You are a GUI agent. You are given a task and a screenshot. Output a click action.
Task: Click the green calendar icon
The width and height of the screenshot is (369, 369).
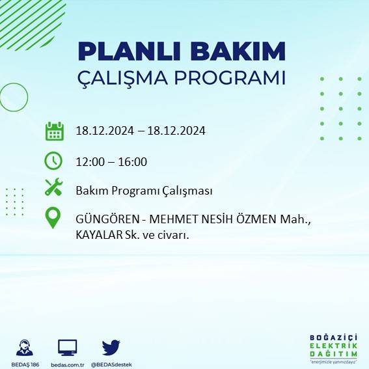(x=54, y=131)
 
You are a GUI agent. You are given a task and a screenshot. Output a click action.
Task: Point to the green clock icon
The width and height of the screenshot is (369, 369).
(x=53, y=160)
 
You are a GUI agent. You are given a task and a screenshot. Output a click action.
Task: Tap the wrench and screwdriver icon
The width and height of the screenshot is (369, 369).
(x=53, y=189)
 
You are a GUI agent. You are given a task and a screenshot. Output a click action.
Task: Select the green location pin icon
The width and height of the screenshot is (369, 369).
(x=53, y=219)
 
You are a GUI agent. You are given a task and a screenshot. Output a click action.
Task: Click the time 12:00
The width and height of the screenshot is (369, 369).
(x=89, y=162)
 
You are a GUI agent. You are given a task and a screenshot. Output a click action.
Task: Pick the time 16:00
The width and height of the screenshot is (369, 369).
(x=133, y=162)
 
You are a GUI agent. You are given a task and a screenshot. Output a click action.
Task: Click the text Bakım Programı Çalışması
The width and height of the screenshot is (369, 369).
(x=144, y=191)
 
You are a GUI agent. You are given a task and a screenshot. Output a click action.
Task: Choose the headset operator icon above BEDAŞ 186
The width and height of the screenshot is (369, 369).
(x=25, y=347)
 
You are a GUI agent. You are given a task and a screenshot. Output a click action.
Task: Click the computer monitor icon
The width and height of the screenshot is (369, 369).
(x=68, y=348)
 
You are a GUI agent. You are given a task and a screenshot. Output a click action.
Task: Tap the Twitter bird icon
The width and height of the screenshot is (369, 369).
(x=111, y=347)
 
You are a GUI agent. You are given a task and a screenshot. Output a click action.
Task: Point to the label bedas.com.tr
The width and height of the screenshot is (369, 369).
(x=68, y=364)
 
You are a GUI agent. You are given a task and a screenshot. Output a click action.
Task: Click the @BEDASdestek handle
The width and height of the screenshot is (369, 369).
(x=111, y=364)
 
